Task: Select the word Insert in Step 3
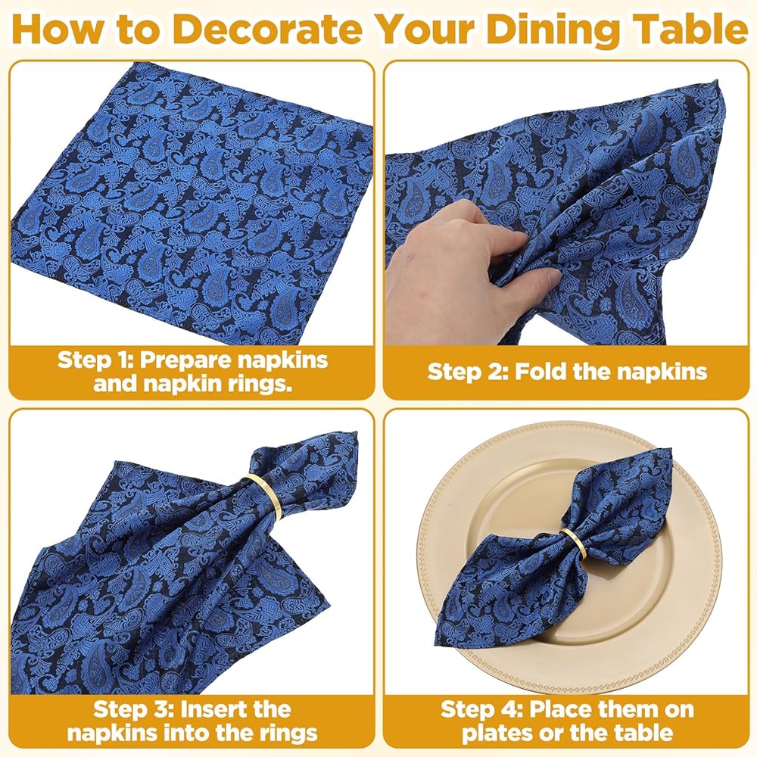tap(217, 710)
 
